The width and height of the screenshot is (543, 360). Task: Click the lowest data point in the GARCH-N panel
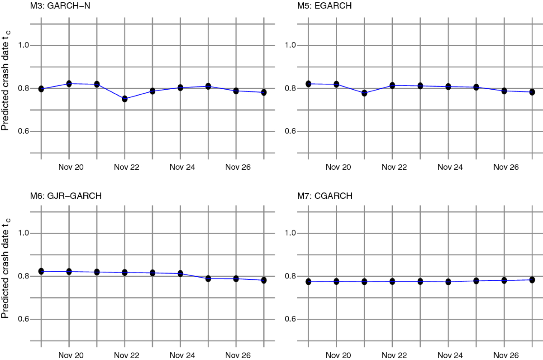coord(125,99)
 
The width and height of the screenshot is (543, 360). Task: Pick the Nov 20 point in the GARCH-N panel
coord(69,84)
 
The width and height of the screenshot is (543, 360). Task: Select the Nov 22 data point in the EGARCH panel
coord(392,85)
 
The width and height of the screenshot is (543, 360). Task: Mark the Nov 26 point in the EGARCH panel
coord(504,91)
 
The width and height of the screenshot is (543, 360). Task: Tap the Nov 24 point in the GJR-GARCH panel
coord(181,274)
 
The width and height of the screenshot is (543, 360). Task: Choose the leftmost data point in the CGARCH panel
coord(308,282)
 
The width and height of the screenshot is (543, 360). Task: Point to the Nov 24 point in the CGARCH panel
coord(448,282)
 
